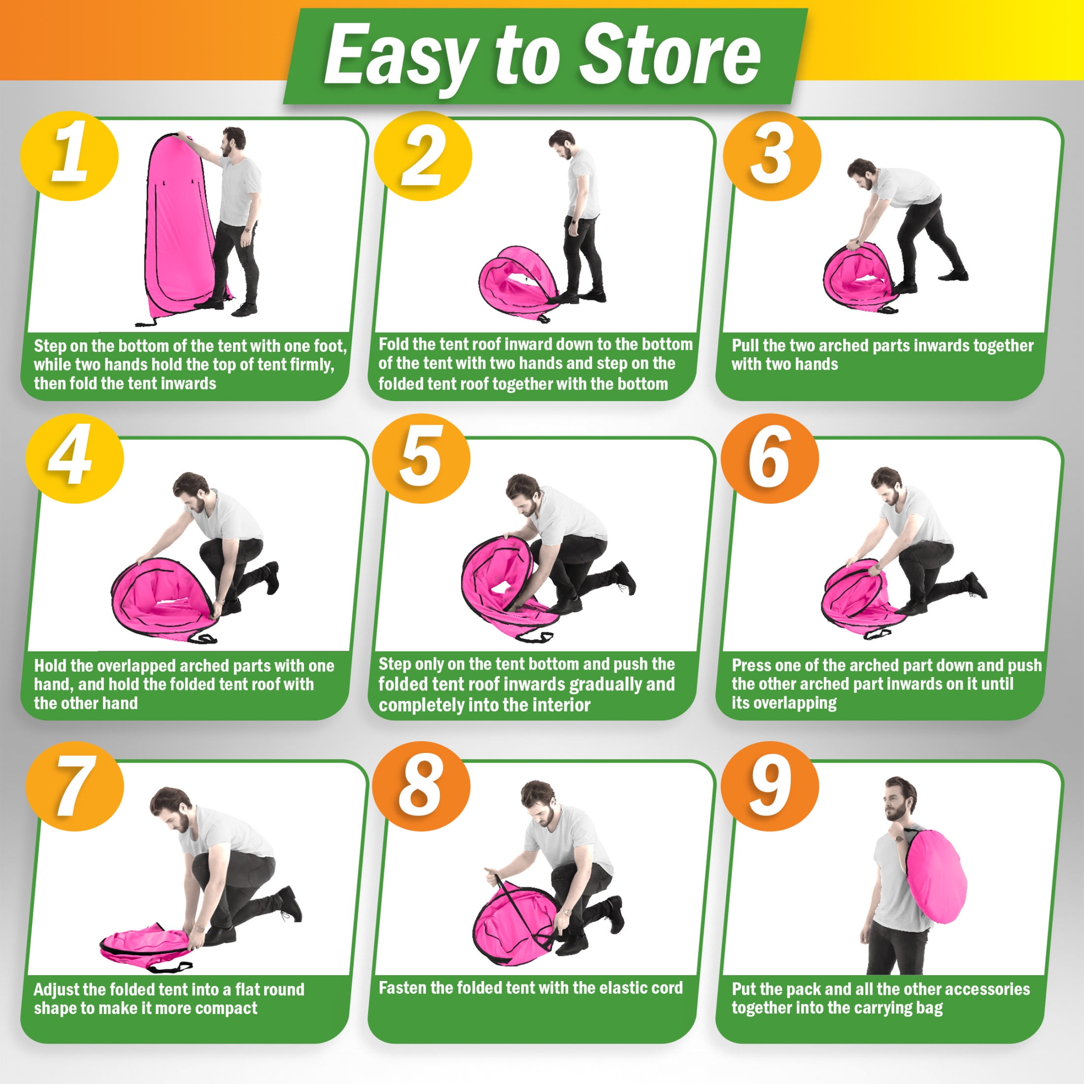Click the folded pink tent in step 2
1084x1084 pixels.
coord(519,282)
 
